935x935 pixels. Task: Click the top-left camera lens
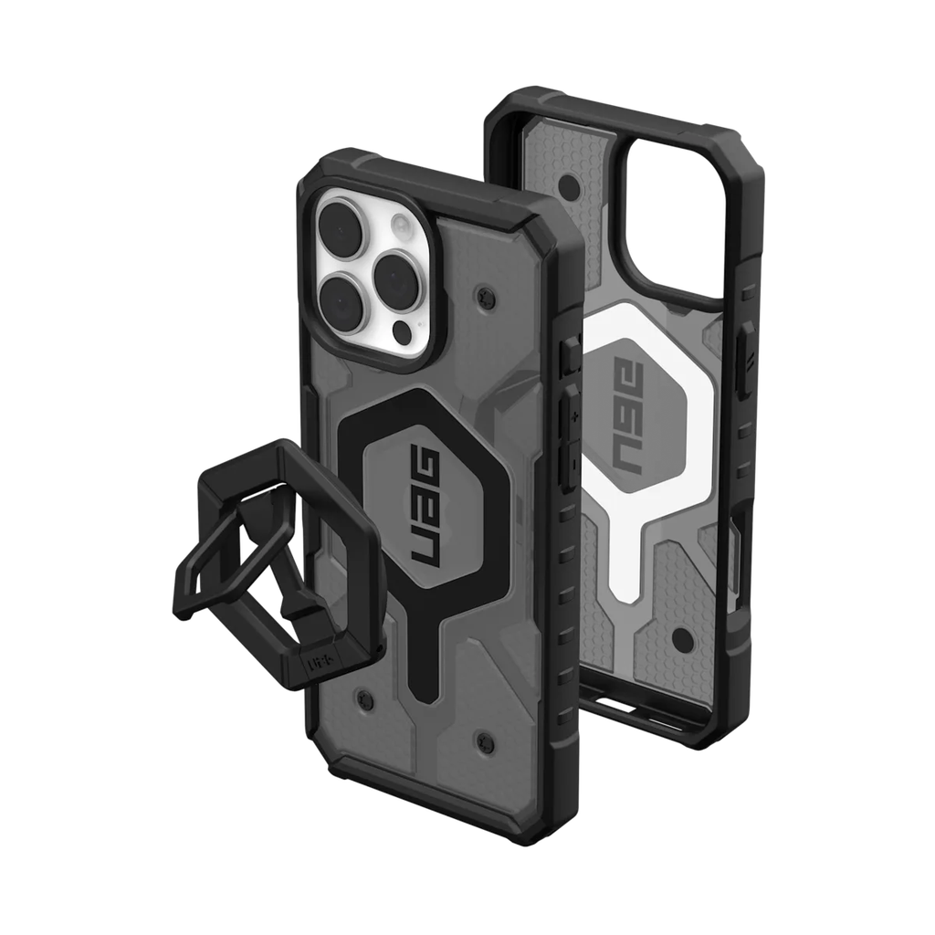pos(341,218)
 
